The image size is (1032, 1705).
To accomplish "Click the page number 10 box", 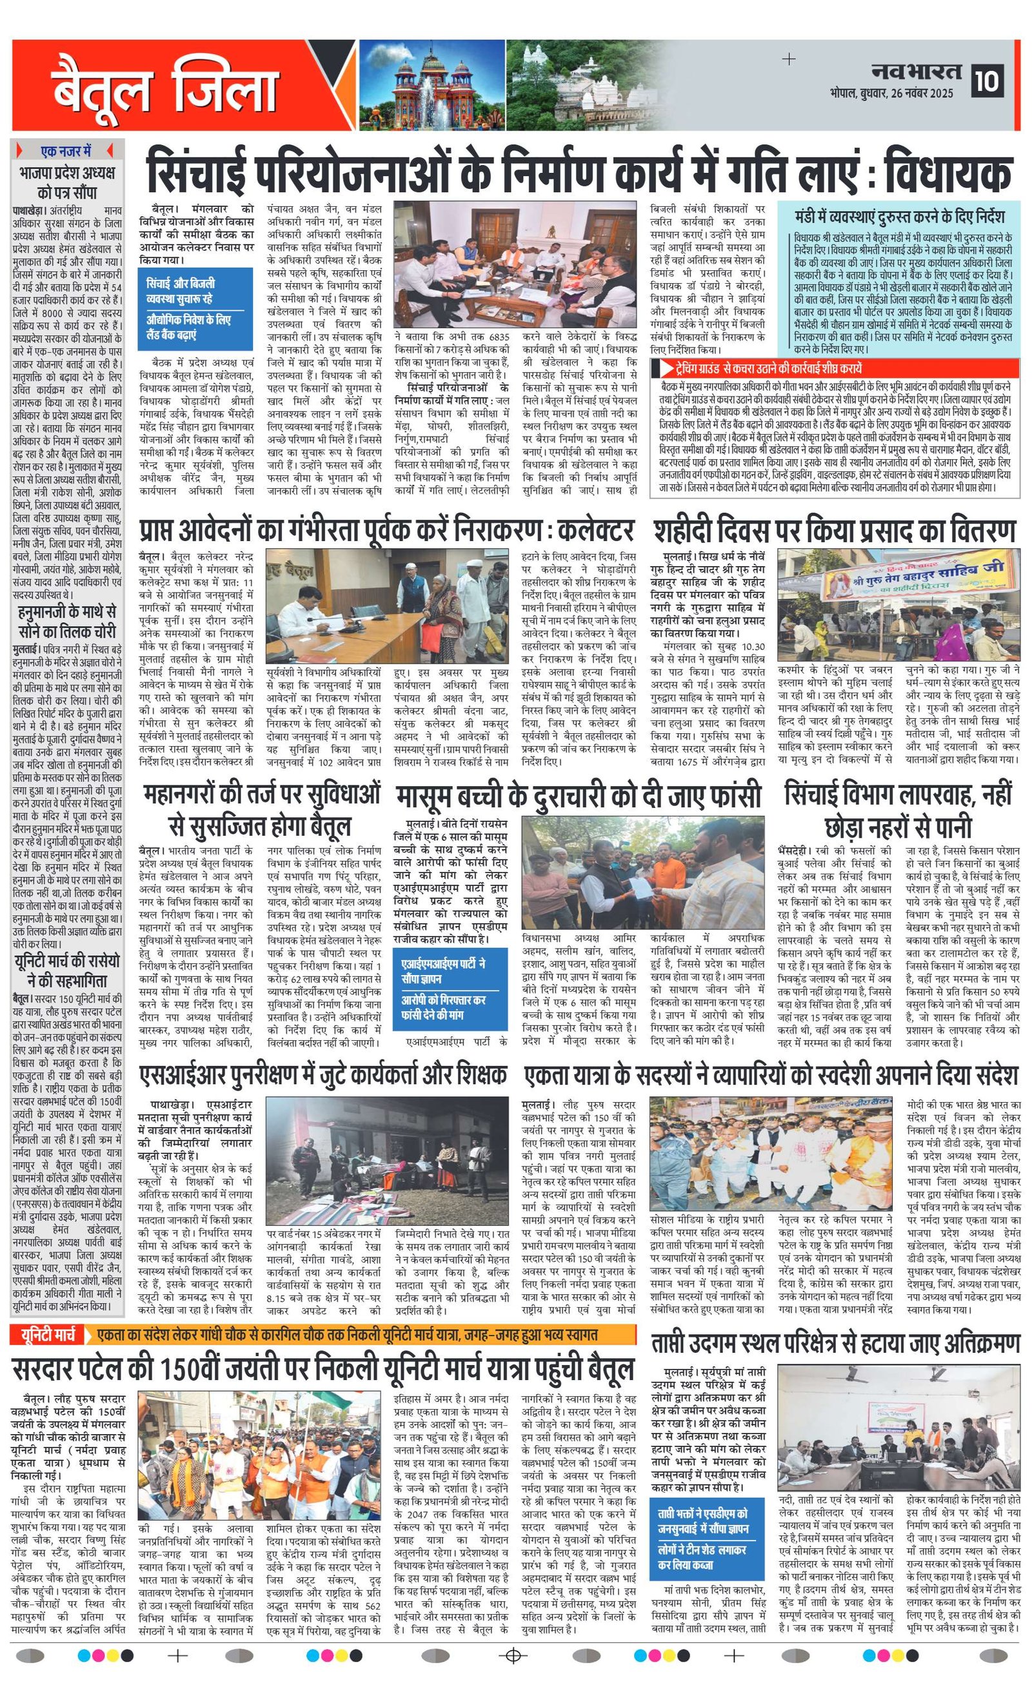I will coord(987,81).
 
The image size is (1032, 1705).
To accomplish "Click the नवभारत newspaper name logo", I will coord(916,72).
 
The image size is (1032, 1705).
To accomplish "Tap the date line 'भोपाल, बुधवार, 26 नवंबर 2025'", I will coord(891,94).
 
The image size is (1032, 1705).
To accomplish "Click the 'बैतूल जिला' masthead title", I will coord(164,88).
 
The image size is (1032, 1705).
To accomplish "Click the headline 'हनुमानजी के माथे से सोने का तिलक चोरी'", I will coord(67,622).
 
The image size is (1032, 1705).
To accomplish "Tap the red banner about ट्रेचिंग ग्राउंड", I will coord(834,368).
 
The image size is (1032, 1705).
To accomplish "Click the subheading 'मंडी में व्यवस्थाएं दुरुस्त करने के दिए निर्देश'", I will coord(899,217).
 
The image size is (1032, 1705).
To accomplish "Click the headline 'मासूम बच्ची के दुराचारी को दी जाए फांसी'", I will coord(579,796).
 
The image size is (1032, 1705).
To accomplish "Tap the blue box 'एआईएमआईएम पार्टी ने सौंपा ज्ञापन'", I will coord(444,971).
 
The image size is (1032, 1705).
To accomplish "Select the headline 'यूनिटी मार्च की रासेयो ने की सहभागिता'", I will coord(67,970).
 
